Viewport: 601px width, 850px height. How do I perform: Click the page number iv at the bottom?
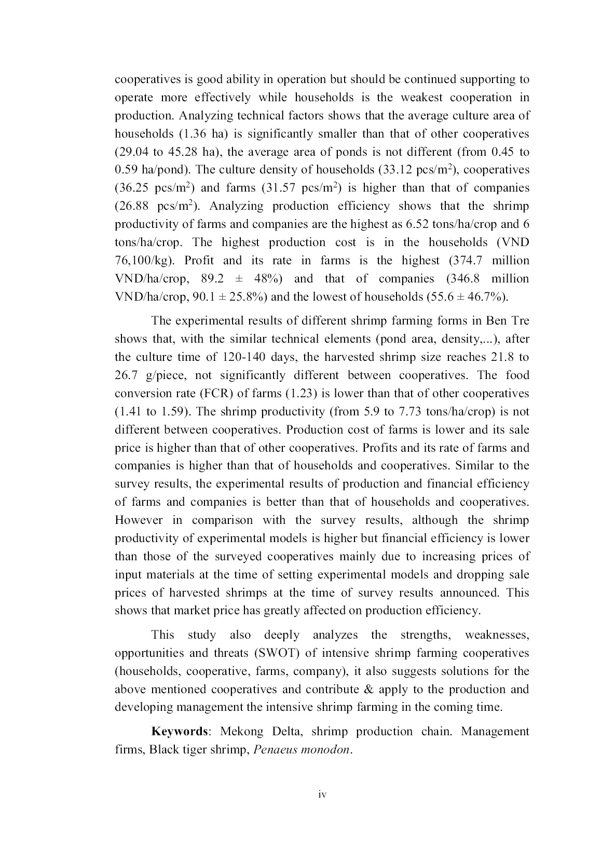(x=322, y=794)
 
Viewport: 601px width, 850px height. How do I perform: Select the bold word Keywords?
(x=179, y=732)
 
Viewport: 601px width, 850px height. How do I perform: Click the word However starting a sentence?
(x=139, y=520)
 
